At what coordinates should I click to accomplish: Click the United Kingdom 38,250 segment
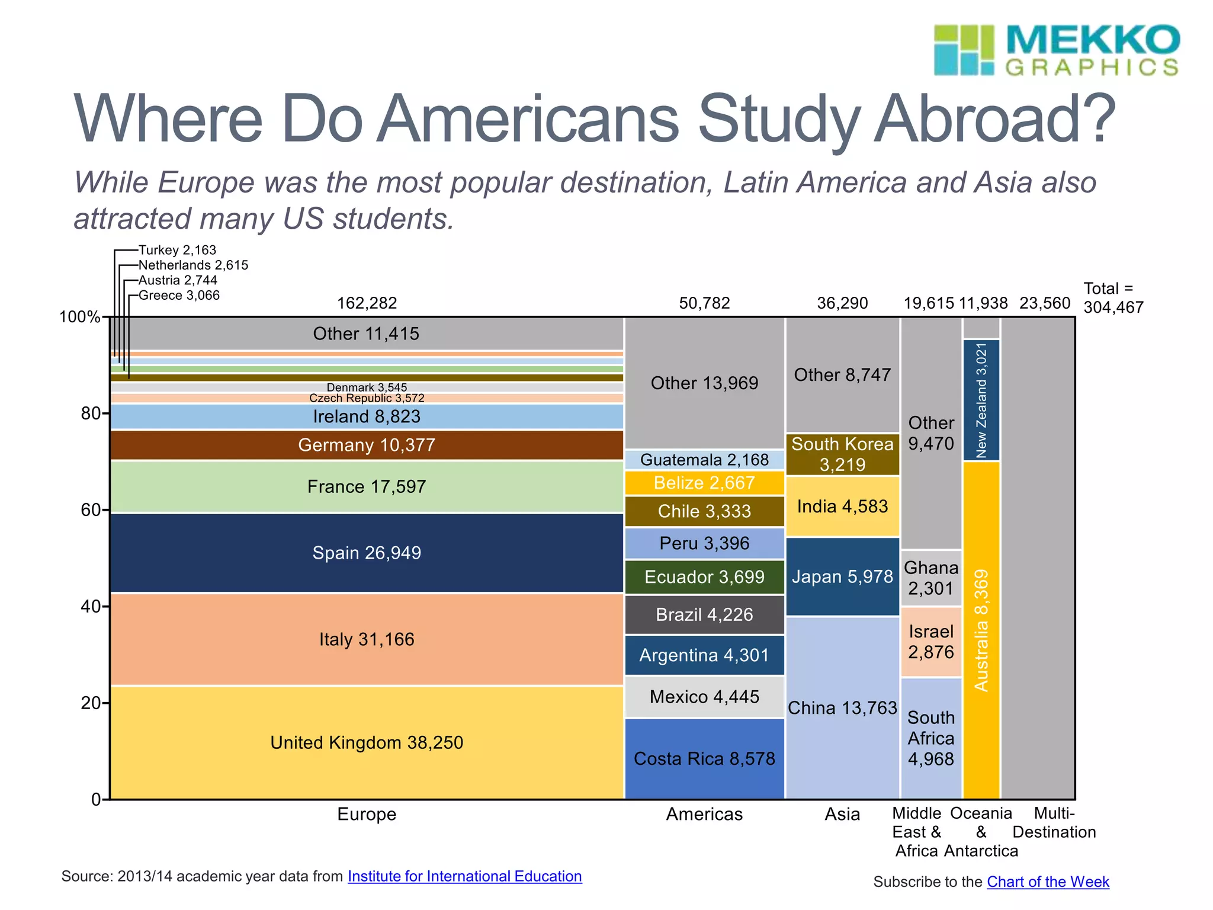pos(367,742)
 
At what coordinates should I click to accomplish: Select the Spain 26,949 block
pos(367,553)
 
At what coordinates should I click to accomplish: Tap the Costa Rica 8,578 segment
pos(704,759)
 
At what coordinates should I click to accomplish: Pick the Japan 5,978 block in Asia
pos(842,576)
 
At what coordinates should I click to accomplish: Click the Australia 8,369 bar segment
pos(981,630)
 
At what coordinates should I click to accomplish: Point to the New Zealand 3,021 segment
pos(981,400)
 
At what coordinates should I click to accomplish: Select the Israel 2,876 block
pos(931,642)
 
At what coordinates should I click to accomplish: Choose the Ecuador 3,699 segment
pos(704,577)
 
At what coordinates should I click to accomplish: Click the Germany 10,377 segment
pos(367,445)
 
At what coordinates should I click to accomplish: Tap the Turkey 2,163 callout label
pos(177,250)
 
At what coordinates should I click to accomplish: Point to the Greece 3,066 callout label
pos(179,295)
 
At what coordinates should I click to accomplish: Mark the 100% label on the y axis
pos(79,317)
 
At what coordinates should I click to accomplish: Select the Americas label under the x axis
pos(704,814)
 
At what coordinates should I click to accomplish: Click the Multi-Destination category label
pos(1054,823)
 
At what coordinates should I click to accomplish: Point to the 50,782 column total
pos(704,303)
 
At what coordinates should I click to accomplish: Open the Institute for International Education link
pos(464,876)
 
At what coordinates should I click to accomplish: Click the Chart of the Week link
pos(1047,882)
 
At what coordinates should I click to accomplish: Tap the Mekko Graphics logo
pos(1056,50)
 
